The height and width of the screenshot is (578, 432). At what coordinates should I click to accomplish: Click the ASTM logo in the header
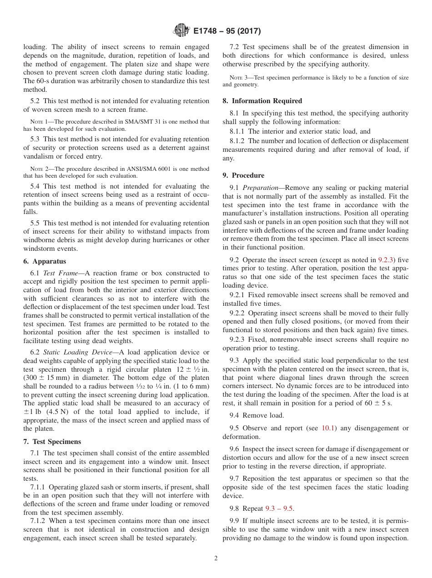tap(181, 31)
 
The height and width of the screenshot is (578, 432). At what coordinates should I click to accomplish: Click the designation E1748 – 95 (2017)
tap(227, 31)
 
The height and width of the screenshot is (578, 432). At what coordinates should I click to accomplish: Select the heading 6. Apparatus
tap(45, 261)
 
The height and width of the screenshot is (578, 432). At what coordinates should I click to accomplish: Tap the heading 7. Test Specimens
tap(52, 442)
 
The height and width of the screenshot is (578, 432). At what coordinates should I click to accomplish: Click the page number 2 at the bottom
tap(216, 558)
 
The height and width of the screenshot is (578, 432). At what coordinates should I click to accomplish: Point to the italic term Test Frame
tap(61, 273)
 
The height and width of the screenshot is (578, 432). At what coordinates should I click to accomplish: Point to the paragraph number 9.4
tap(236, 415)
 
